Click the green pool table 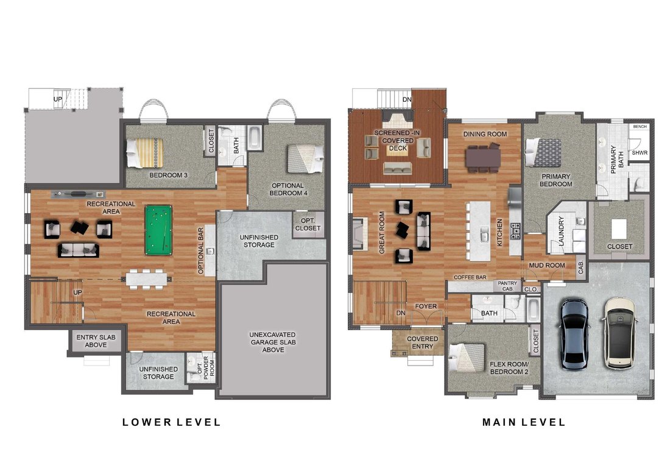click(158, 230)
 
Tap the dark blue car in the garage click(576, 333)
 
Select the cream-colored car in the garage click(619, 333)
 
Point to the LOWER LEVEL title click(171, 422)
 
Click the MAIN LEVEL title click(523, 422)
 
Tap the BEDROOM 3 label click(168, 175)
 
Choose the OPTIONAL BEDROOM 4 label click(287, 189)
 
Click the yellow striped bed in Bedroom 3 click(145, 152)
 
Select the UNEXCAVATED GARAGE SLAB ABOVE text click(273, 342)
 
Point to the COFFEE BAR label click(470, 277)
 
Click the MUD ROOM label click(547, 266)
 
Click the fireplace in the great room click(359, 233)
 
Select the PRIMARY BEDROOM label click(555, 180)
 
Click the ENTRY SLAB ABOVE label click(96, 341)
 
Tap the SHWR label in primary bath click(639, 152)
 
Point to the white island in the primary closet click(619, 229)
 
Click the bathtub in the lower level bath click(255, 138)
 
